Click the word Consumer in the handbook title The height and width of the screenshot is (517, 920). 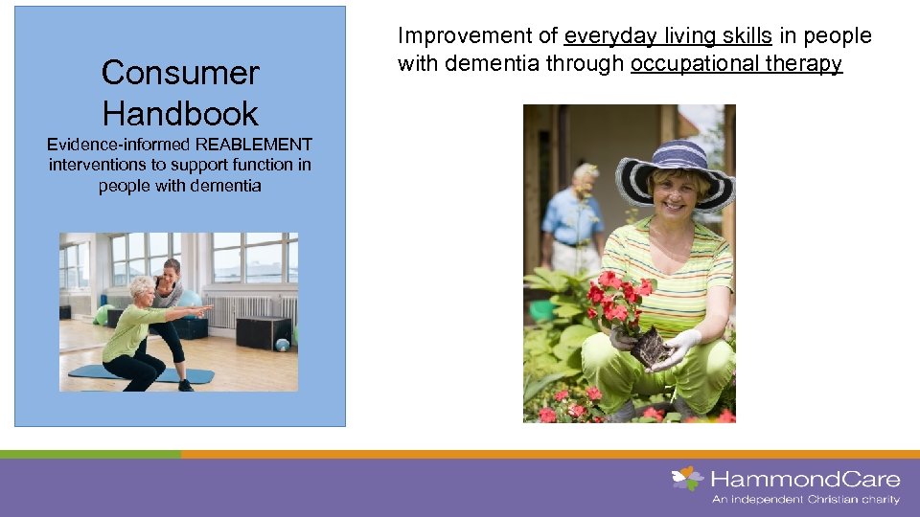click(x=180, y=73)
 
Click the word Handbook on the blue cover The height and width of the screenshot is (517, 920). click(x=180, y=114)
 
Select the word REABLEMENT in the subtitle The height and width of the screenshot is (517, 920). click(x=254, y=145)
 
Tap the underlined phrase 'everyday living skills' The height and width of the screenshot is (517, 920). click(x=668, y=36)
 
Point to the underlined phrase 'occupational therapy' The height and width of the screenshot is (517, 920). click(x=736, y=64)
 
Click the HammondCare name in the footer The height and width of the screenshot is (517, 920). click(x=804, y=478)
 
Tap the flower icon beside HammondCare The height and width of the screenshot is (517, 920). click(x=686, y=477)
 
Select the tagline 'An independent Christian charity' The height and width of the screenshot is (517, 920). click(x=805, y=500)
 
